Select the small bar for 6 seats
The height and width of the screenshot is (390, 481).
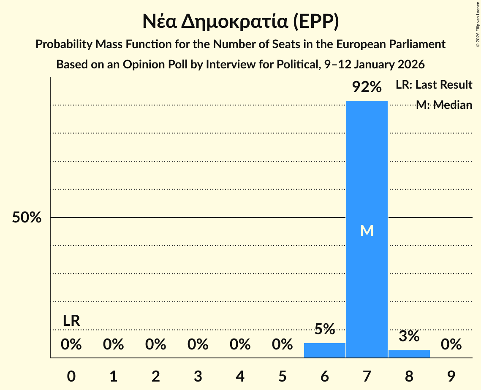click(x=324, y=350)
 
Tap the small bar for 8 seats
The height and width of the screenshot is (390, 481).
click(x=409, y=354)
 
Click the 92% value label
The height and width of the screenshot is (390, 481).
click(x=367, y=87)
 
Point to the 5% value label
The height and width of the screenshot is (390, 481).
click(x=324, y=329)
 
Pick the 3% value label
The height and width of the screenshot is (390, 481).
click(x=409, y=336)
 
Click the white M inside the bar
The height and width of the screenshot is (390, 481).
click(x=367, y=230)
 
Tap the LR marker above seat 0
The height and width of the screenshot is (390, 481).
click(x=71, y=321)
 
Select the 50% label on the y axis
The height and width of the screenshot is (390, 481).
click(x=27, y=218)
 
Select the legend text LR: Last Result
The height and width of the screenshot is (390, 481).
click(x=434, y=85)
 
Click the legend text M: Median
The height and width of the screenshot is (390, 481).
click(x=444, y=105)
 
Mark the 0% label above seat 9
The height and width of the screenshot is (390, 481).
click(x=451, y=345)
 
